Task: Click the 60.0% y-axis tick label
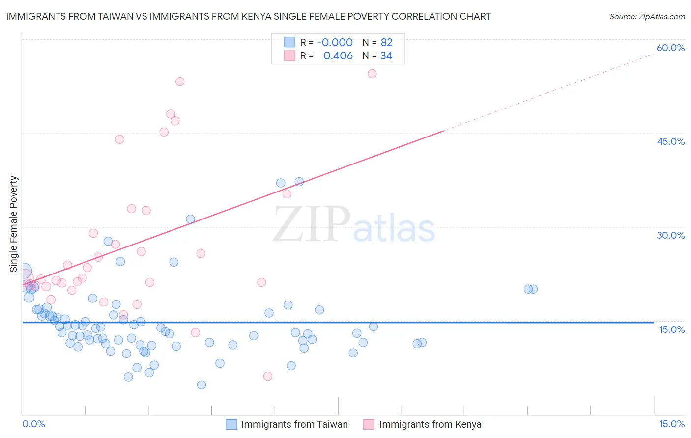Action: click(670, 48)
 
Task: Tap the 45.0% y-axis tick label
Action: click(670, 141)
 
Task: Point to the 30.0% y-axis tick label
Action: click(670, 235)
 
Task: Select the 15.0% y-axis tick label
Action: click(671, 329)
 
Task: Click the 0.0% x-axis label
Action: click(33, 424)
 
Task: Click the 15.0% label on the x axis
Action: click(671, 424)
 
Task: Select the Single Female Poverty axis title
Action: click(14, 224)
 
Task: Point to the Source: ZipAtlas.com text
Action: click(647, 17)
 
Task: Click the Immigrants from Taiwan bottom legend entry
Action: click(294, 425)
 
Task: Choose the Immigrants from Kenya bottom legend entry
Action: click(430, 425)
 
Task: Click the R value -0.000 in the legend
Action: click(335, 43)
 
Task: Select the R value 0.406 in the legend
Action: click(338, 56)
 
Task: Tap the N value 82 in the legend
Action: click(386, 43)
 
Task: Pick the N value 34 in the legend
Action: click(386, 56)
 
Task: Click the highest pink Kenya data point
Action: click(372, 74)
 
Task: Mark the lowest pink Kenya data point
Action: click(268, 376)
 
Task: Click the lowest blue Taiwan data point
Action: click(201, 384)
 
